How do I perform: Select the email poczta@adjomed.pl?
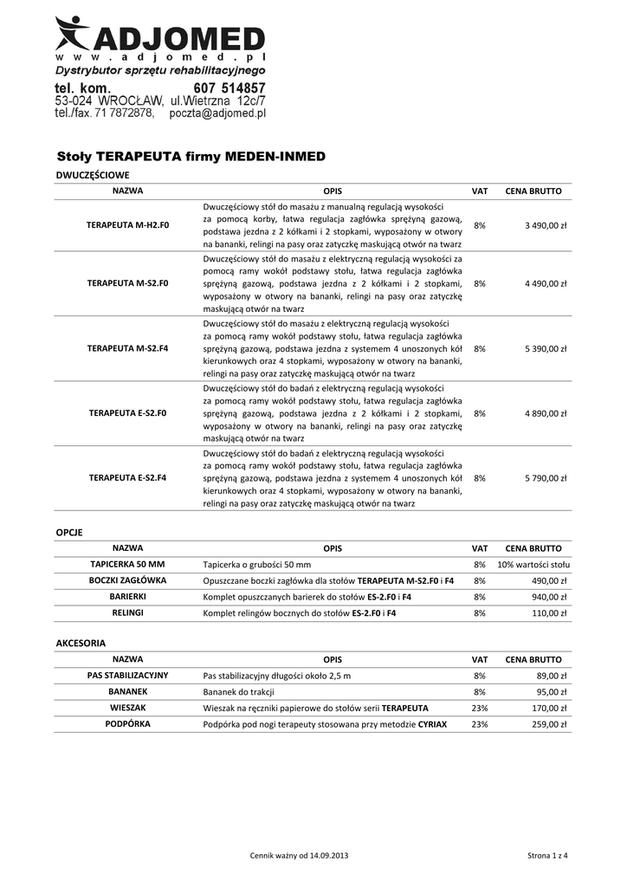pyautogui.click(x=217, y=113)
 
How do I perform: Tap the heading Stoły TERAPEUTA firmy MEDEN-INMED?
pyautogui.click(x=191, y=157)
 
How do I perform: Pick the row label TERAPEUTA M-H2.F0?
pyautogui.click(x=127, y=225)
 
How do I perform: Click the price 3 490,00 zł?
pyautogui.click(x=546, y=225)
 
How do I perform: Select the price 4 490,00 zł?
pyautogui.click(x=546, y=283)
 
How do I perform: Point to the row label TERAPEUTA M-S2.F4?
pyautogui.click(x=127, y=348)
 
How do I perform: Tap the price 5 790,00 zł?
pyautogui.click(x=546, y=478)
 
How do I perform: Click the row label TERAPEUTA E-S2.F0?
pyautogui.click(x=127, y=413)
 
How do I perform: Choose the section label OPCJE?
pyautogui.click(x=69, y=532)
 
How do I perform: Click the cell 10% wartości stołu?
pyautogui.click(x=533, y=565)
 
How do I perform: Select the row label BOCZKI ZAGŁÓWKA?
pyautogui.click(x=127, y=580)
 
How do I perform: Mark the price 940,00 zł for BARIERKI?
pyautogui.click(x=548, y=597)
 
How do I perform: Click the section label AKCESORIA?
pyautogui.click(x=81, y=644)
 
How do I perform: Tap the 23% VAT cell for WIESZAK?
pyautogui.click(x=480, y=708)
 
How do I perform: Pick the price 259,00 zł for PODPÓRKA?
pyautogui.click(x=548, y=724)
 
